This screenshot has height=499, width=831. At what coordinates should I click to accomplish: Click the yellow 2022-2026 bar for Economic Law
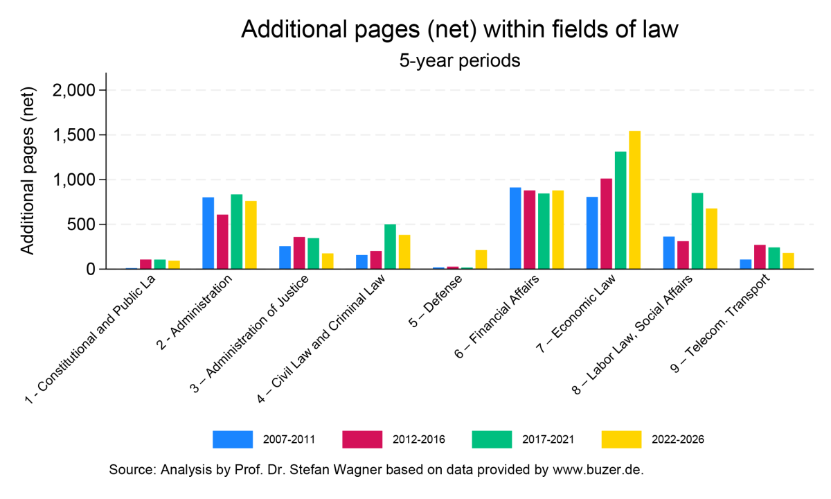[634, 200]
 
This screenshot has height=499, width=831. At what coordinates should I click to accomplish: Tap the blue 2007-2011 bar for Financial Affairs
[515, 228]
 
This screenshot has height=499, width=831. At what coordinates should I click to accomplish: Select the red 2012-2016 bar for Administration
[222, 242]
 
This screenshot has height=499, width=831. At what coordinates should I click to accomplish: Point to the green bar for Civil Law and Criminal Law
[390, 247]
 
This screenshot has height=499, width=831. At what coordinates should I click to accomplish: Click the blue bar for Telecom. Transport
[745, 264]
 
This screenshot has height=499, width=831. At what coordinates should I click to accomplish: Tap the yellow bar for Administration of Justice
[328, 261]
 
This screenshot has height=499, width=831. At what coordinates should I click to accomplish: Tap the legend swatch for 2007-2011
[233, 439]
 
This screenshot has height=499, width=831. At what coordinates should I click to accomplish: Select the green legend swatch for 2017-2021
[492, 439]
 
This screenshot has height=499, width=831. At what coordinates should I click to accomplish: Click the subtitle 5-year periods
[459, 61]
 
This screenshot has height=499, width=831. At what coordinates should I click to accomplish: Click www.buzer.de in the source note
[598, 470]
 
